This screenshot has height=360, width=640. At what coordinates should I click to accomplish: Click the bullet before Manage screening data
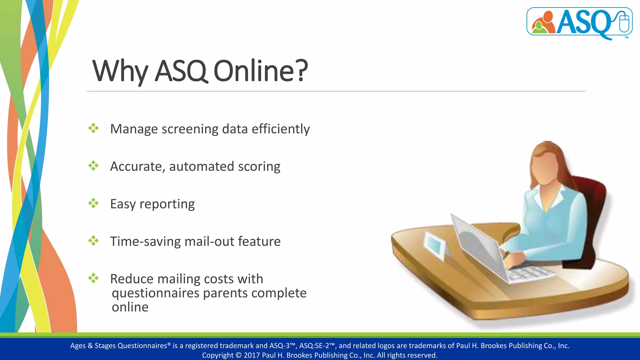[93, 128]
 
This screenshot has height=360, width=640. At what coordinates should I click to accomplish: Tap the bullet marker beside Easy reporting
[93, 203]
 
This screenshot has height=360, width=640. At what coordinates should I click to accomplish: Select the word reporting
[167, 204]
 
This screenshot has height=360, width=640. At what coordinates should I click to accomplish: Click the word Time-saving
[145, 242]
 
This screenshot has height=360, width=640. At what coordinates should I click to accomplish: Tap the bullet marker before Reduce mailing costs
[93, 278]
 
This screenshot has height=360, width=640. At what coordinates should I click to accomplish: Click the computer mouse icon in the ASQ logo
[624, 22]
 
